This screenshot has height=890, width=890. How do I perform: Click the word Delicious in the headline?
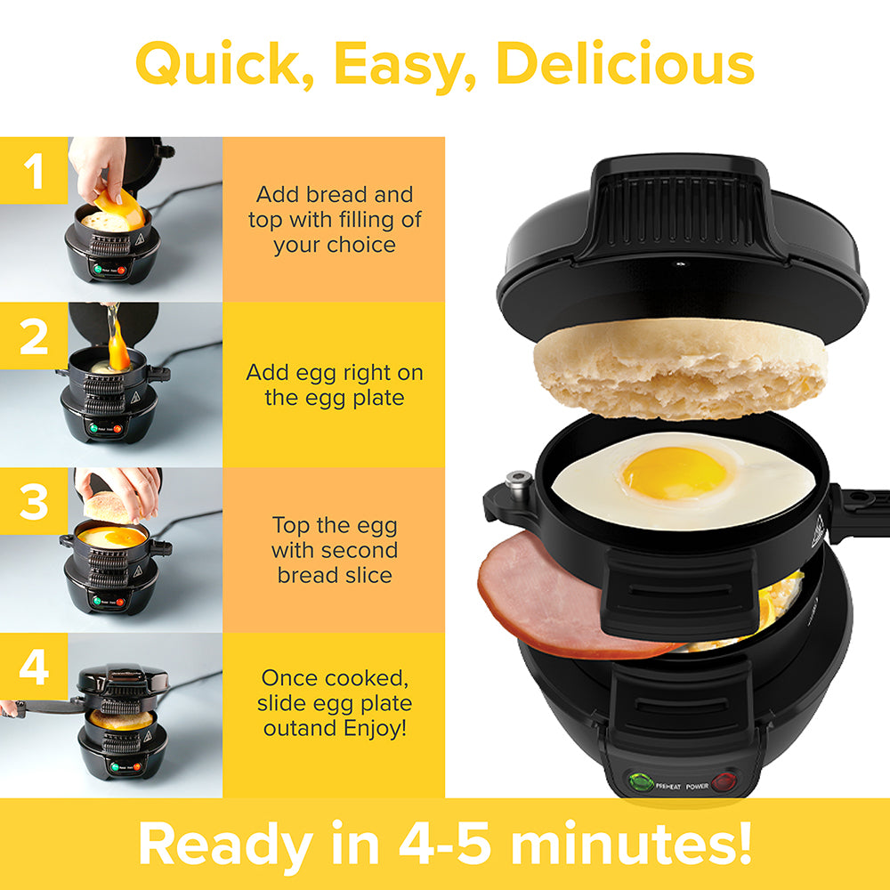(625, 64)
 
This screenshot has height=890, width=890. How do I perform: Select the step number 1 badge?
(34, 171)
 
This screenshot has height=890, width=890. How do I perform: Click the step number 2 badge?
(34, 336)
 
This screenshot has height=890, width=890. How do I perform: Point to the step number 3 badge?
(34, 502)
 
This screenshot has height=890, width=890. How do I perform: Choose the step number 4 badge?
(34, 667)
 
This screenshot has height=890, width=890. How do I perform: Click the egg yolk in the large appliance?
(676, 473)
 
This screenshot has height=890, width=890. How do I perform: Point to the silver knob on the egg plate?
(514, 481)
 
